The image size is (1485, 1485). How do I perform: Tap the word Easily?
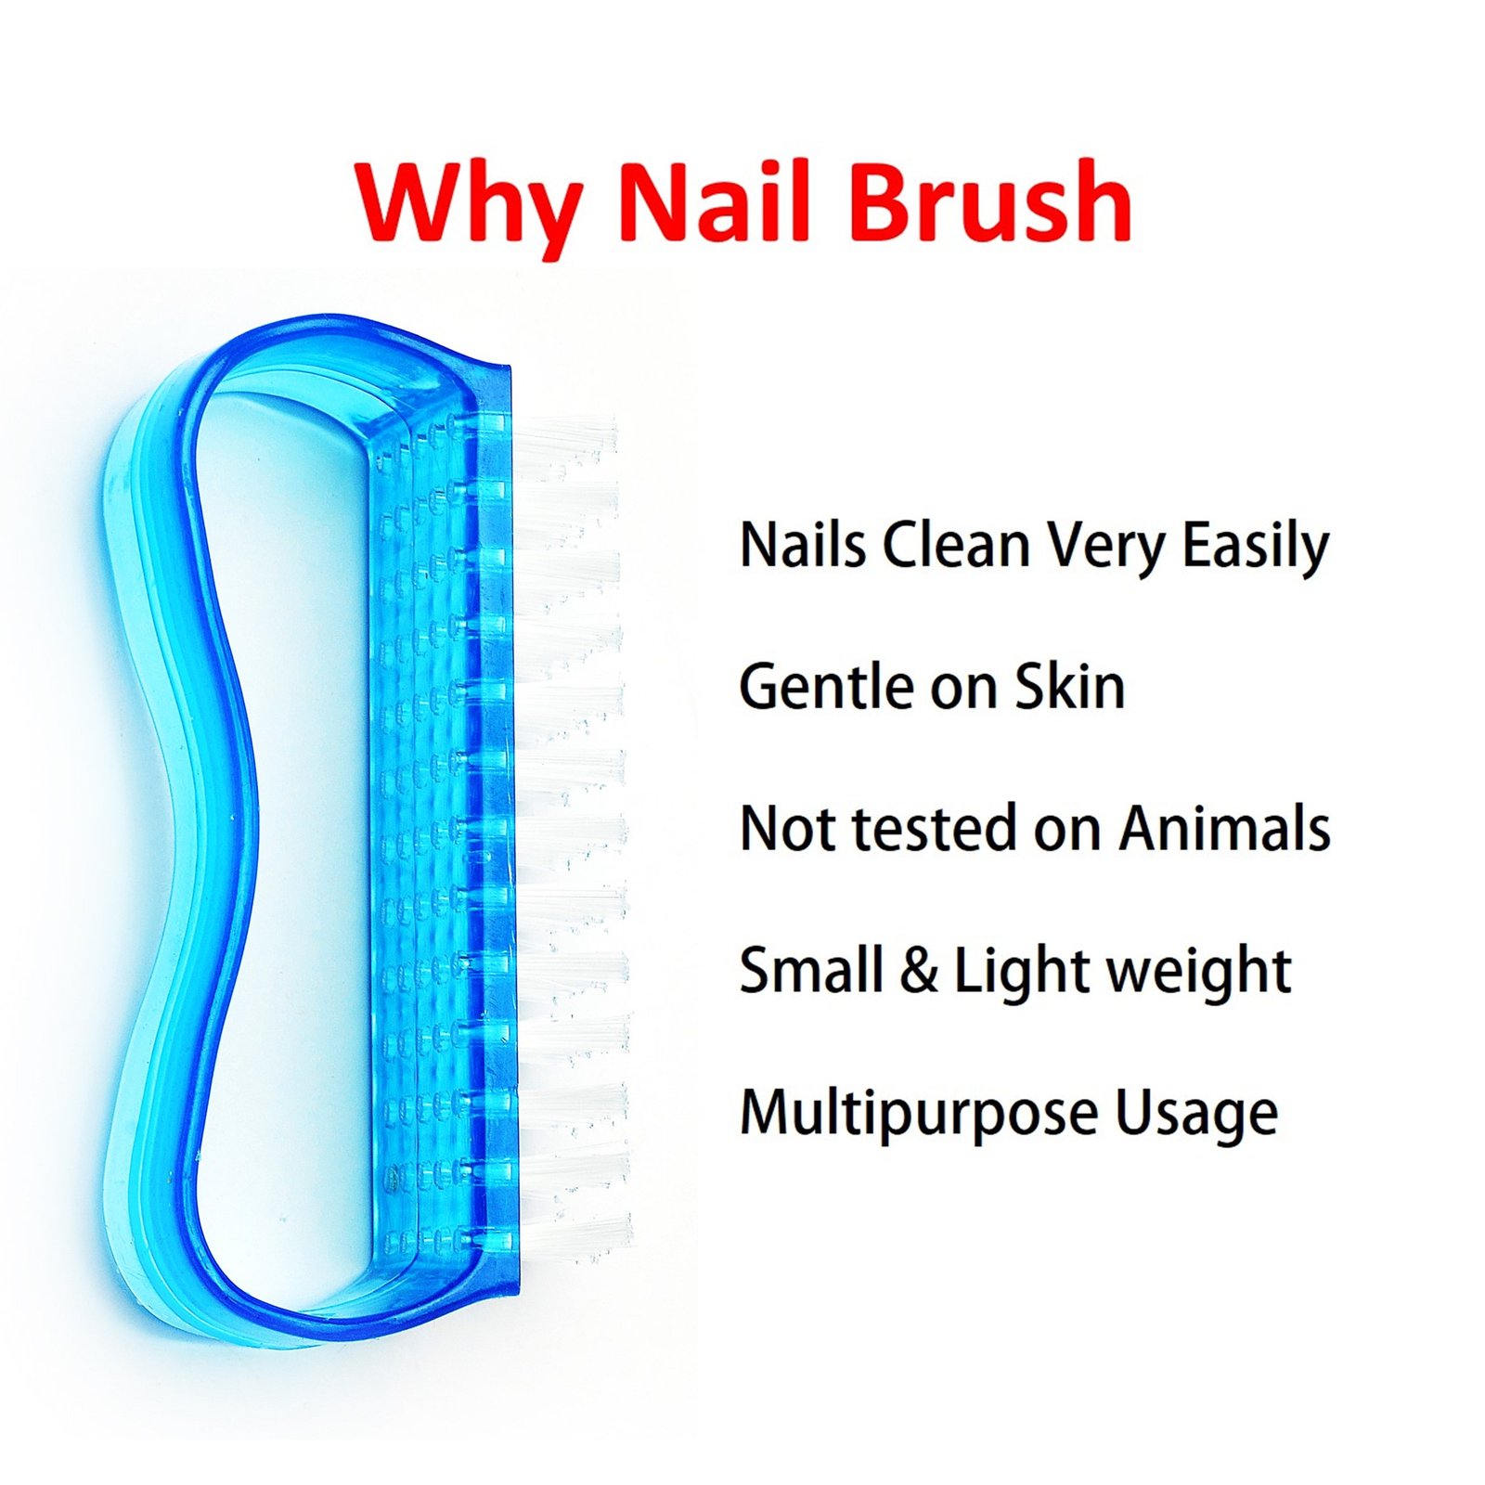1255,548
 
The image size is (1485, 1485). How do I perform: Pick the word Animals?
1224,828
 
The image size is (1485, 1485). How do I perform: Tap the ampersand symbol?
919,971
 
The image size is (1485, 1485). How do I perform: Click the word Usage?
1196,1117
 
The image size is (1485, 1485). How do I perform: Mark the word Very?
1105,548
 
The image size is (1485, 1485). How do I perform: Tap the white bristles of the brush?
571,835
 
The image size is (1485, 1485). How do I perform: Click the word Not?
788,828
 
